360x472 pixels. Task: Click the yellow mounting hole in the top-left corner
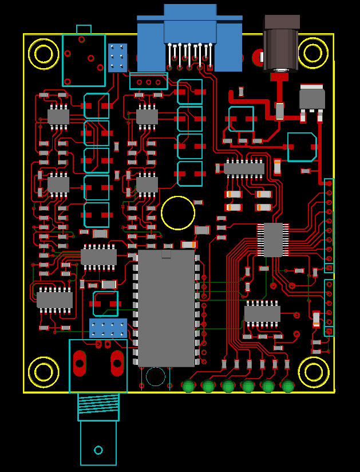pyautogui.click(x=43, y=53)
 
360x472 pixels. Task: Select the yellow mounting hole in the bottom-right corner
pyautogui.click(x=314, y=372)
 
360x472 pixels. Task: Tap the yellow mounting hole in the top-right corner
pyautogui.click(x=312, y=53)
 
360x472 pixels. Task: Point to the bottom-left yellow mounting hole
pyautogui.click(x=43, y=372)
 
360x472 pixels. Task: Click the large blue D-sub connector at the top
pyautogui.click(x=190, y=37)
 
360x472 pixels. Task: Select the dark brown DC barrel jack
pyautogui.click(x=281, y=45)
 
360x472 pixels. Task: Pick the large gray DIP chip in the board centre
pyautogui.click(x=166, y=308)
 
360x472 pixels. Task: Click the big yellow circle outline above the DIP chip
pyautogui.click(x=178, y=213)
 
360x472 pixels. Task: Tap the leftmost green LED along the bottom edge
pyautogui.click(x=188, y=386)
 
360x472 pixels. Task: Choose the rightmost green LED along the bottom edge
pyautogui.click(x=288, y=386)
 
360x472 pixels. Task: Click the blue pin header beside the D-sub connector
pyautogui.click(x=118, y=58)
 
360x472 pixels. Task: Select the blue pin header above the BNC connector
pyautogui.click(x=108, y=328)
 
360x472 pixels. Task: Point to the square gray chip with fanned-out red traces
pyautogui.click(x=273, y=239)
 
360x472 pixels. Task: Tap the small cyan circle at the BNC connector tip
pyautogui.click(x=98, y=450)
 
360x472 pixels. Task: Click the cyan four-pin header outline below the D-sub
pyautogui.click(x=149, y=81)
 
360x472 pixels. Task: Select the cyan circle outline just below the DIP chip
pyautogui.click(x=155, y=376)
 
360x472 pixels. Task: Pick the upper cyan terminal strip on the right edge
pyautogui.click(x=329, y=225)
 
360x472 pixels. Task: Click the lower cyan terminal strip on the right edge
pyautogui.click(x=329, y=308)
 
